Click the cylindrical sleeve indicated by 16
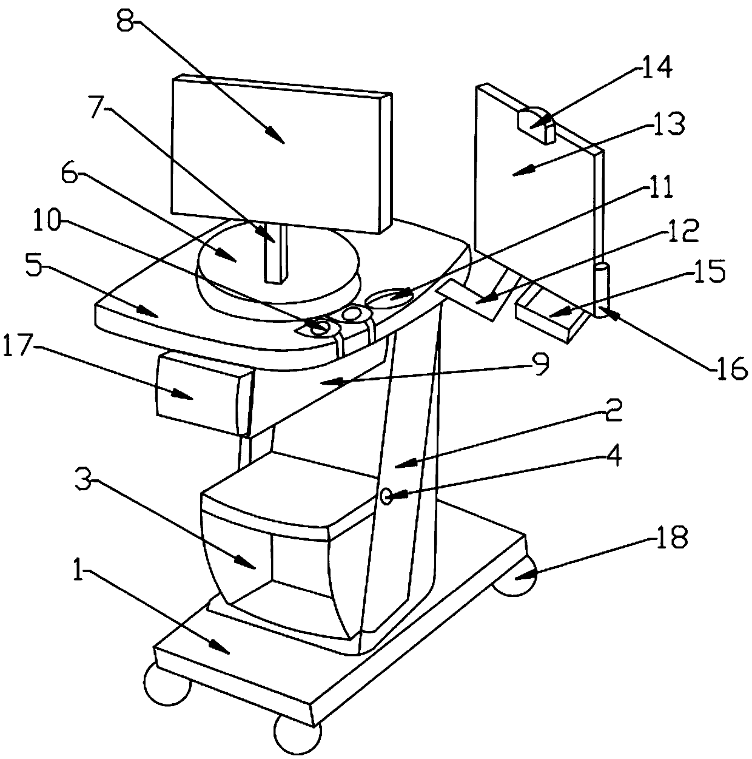[x=600, y=289]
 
